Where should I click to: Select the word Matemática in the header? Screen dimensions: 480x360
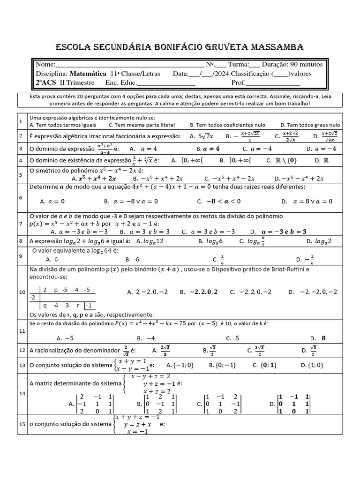point(88,74)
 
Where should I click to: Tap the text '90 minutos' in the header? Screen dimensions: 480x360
point(306,64)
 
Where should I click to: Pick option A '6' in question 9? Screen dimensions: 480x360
point(52,259)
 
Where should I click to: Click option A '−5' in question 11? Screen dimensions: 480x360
point(65,337)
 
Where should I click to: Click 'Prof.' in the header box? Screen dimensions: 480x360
point(238,82)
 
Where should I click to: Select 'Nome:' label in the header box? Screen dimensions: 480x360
point(45,64)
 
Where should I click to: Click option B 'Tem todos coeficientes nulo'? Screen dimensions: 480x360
point(227,125)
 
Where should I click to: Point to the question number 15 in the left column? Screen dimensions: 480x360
point(21,424)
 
